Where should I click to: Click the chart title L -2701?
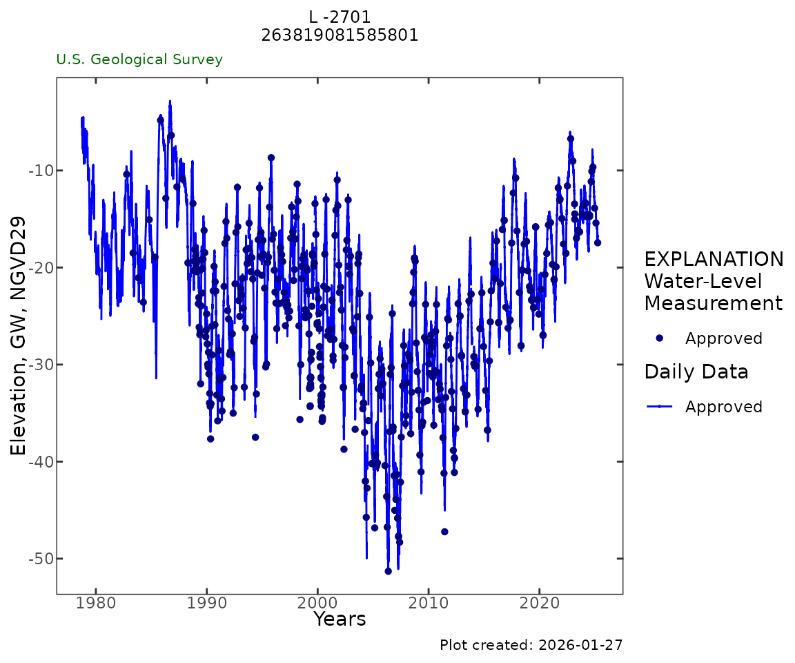coord(340,17)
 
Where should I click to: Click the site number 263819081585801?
coord(340,35)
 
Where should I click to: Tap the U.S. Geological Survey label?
coord(139,59)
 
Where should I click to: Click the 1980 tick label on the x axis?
coord(96,606)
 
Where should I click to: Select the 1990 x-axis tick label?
coord(207,606)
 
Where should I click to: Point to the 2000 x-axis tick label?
coord(317,606)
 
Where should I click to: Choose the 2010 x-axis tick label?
coord(429,606)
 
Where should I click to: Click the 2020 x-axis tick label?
coord(539,606)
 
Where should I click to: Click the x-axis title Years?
coord(340,619)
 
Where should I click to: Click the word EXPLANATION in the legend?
coord(714,260)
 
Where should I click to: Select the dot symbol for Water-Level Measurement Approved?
coord(659,338)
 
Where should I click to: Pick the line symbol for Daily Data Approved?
coord(659,407)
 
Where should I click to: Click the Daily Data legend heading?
coord(696,372)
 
